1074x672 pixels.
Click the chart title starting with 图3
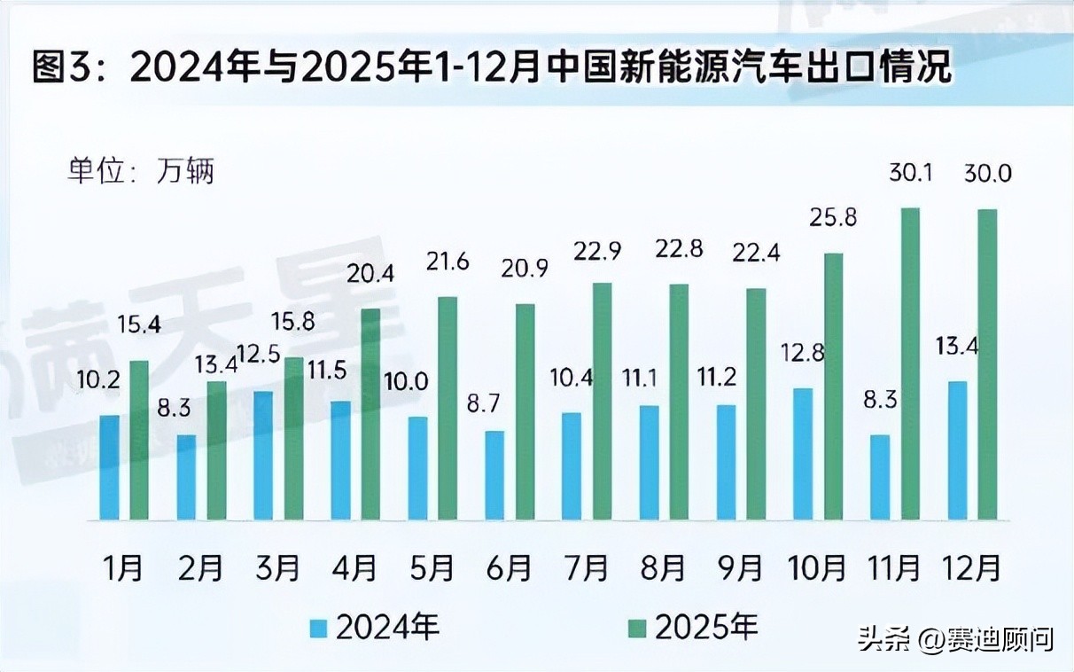(x=492, y=67)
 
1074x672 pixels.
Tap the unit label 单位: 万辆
(x=141, y=169)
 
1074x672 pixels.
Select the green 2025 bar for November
(x=910, y=363)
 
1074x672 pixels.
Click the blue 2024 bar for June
(x=494, y=475)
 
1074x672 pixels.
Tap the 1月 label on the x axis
(x=123, y=567)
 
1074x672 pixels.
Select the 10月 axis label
(x=818, y=567)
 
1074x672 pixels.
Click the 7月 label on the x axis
(x=587, y=567)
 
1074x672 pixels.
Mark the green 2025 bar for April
(x=370, y=414)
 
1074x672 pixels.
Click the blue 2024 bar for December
(x=957, y=450)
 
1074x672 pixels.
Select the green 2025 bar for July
(x=602, y=402)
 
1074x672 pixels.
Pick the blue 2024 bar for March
(x=263, y=455)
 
